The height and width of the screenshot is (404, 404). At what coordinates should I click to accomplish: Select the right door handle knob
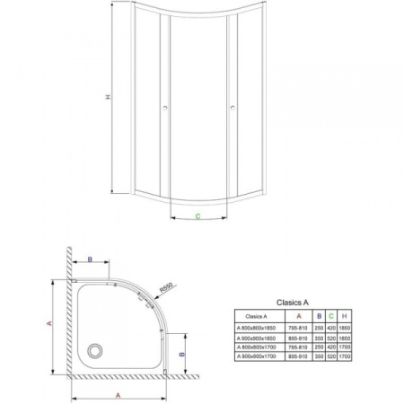tap(233, 109)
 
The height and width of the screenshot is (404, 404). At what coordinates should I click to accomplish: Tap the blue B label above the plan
tap(91, 259)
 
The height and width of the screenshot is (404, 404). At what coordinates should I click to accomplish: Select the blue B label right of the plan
tap(182, 355)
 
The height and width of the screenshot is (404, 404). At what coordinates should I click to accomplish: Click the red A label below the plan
tap(118, 392)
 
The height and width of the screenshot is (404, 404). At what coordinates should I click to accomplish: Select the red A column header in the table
tap(298, 317)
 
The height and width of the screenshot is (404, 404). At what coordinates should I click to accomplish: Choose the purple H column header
tap(345, 317)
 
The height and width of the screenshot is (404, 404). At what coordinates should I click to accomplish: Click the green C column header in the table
tap(330, 317)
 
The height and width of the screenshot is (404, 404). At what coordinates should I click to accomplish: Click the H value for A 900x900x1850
tap(345, 339)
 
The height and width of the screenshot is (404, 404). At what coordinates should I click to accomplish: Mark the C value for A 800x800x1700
tap(330, 348)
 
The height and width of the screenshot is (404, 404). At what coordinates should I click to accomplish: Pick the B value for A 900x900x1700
tap(318, 357)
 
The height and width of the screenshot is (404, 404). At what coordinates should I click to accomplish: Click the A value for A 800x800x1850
tap(298, 329)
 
